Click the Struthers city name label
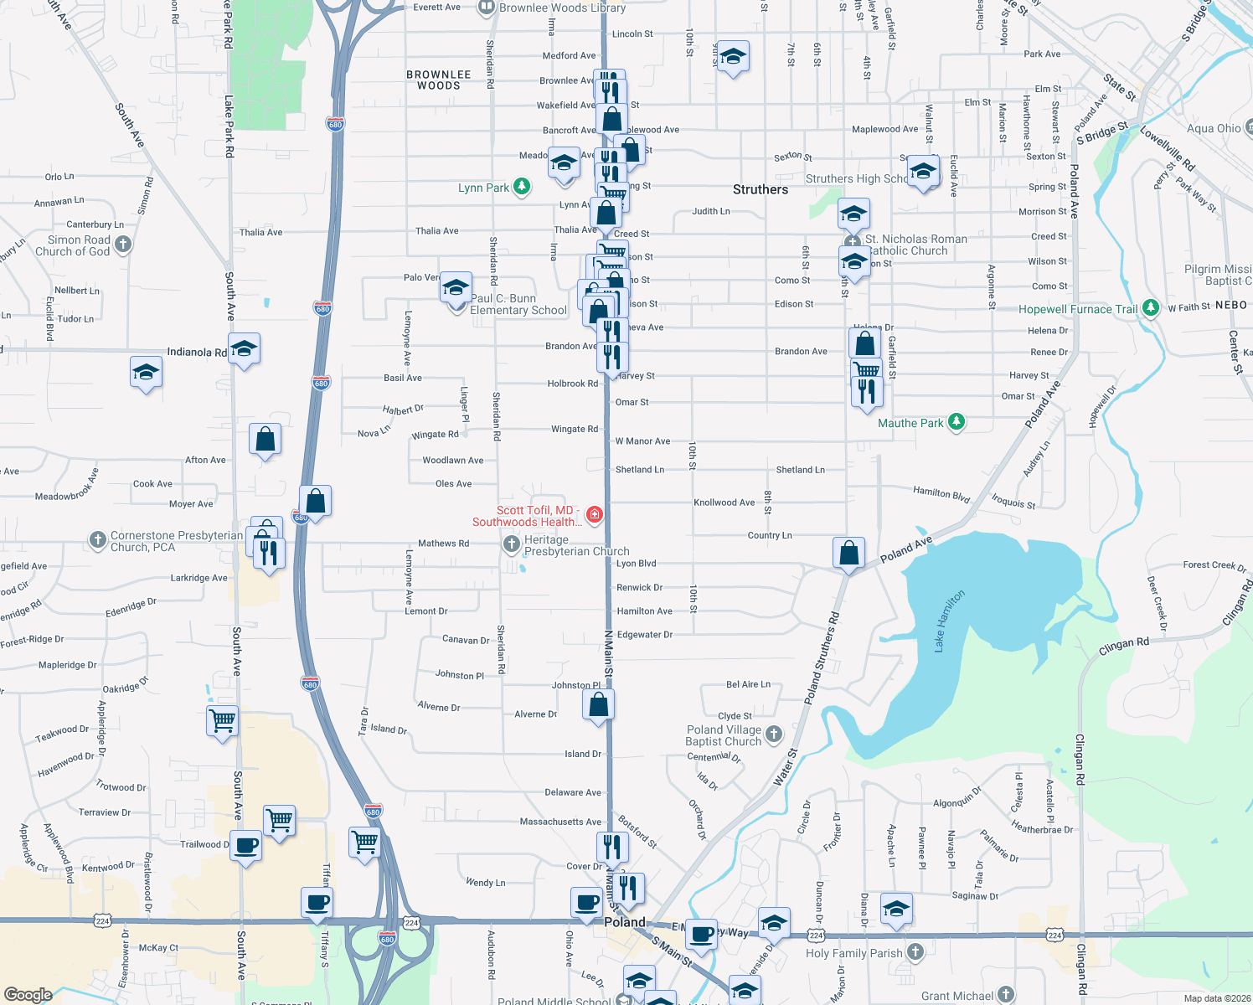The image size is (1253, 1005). coord(760,189)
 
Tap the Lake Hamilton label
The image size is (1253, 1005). coord(950,621)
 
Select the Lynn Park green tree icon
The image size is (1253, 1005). coord(522,186)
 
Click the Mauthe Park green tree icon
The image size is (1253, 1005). coord(956,422)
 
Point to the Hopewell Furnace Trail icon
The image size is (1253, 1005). coord(1150,308)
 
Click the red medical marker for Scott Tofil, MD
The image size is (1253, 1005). coord(594,514)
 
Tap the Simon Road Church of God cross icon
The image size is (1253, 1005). coord(123,245)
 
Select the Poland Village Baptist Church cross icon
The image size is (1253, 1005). coord(773,734)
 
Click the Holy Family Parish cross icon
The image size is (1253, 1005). coord(915,951)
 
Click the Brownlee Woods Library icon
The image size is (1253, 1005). coord(486,8)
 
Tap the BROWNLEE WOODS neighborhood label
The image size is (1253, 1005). coord(438,80)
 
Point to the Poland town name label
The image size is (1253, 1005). coord(625,921)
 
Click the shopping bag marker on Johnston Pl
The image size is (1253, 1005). coord(599,704)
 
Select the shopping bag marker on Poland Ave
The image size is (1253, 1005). coord(848,553)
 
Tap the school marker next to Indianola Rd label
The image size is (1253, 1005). coord(244,348)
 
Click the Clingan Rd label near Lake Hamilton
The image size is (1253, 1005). coord(1123,646)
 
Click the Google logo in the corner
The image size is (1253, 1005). coord(28,994)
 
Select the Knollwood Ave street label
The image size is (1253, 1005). coord(724,502)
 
